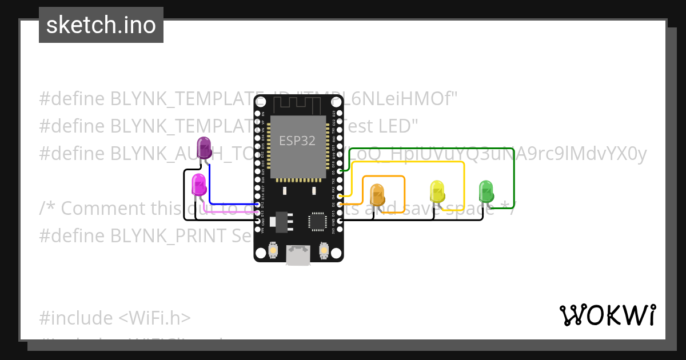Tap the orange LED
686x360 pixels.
377,194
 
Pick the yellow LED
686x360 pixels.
437,191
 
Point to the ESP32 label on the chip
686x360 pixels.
297,141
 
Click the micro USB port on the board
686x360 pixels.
298,255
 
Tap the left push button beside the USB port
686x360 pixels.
273,250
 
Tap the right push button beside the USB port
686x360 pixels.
324,250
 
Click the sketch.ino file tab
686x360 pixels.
101,25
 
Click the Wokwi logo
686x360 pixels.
607,315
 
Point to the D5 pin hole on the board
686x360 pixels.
340,171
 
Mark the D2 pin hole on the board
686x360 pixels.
340,204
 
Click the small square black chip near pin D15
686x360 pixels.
317,221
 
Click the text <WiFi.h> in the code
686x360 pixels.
154,318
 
